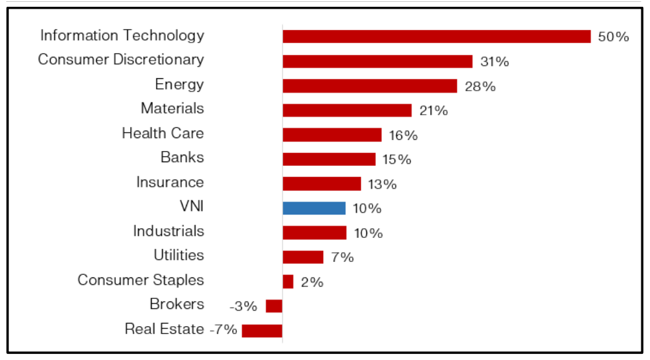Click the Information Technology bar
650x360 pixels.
[x=437, y=36]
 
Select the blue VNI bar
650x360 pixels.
[x=314, y=208]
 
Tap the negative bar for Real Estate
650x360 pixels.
[x=262, y=330]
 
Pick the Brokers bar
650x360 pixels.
[x=274, y=306]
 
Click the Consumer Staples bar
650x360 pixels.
[x=288, y=282]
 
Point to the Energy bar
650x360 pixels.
[x=370, y=86]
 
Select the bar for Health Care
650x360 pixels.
[x=332, y=134]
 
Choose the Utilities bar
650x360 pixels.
[x=303, y=257]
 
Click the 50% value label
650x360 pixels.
[x=614, y=37]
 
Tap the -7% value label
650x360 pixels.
[x=223, y=330]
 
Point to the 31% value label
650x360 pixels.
[x=495, y=62]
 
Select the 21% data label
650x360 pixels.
[x=434, y=111]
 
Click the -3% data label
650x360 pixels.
[x=243, y=306]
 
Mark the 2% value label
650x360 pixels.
[x=312, y=282]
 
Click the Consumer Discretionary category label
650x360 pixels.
[x=121, y=60]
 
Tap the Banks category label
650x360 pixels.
[x=182, y=157]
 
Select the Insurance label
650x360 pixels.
[x=170, y=182]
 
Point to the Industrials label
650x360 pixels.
[x=168, y=231]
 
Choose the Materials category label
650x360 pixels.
[x=172, y=108]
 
